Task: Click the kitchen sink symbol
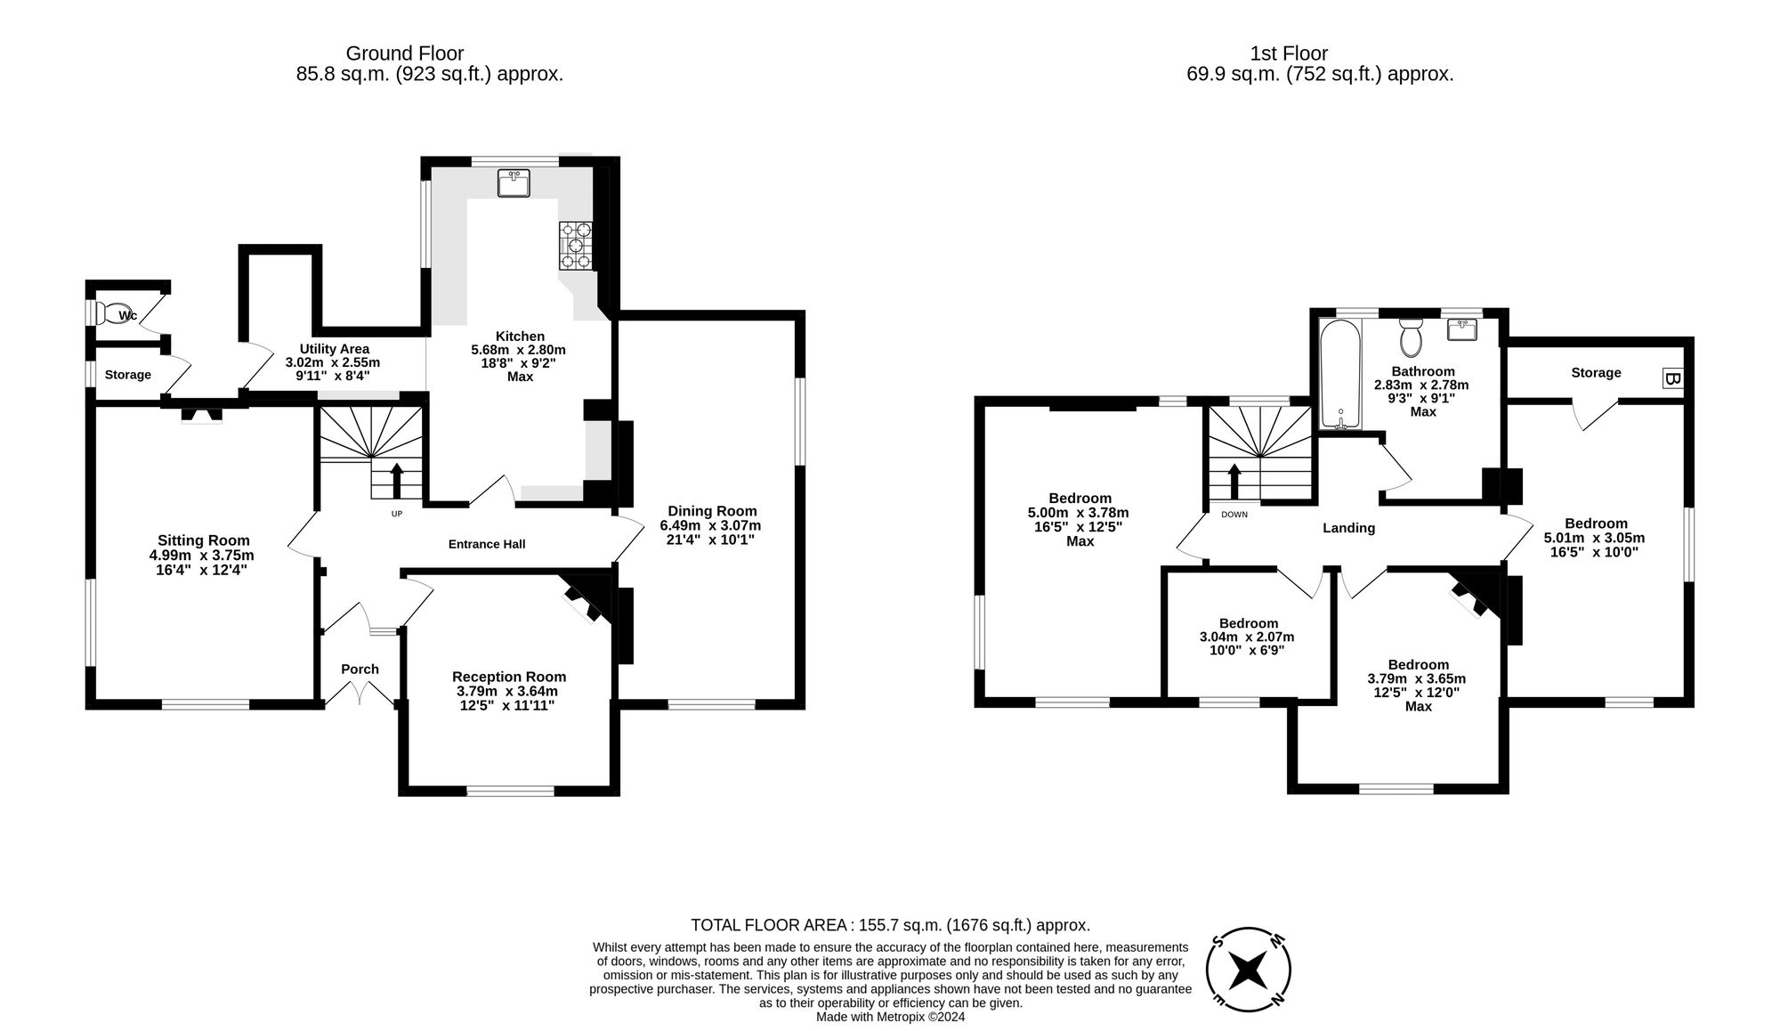point(514,183)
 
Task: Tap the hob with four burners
point(576,246)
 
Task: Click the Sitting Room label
point(204,540)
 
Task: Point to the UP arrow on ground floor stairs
point(396,480)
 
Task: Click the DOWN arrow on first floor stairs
point(1234,482)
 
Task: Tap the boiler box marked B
point(1671,378)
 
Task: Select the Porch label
point(360,669)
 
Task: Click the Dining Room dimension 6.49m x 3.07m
point(710,525)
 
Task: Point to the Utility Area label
point(334,349)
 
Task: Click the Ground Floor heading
point(404,53)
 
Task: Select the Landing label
point(1348,528)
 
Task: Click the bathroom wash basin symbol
point(1463,329)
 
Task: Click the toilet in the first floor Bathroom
point(1411,337)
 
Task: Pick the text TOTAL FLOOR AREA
point(768,925)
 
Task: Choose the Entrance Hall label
point(486,544)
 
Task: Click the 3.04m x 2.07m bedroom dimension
point(1247,637)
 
